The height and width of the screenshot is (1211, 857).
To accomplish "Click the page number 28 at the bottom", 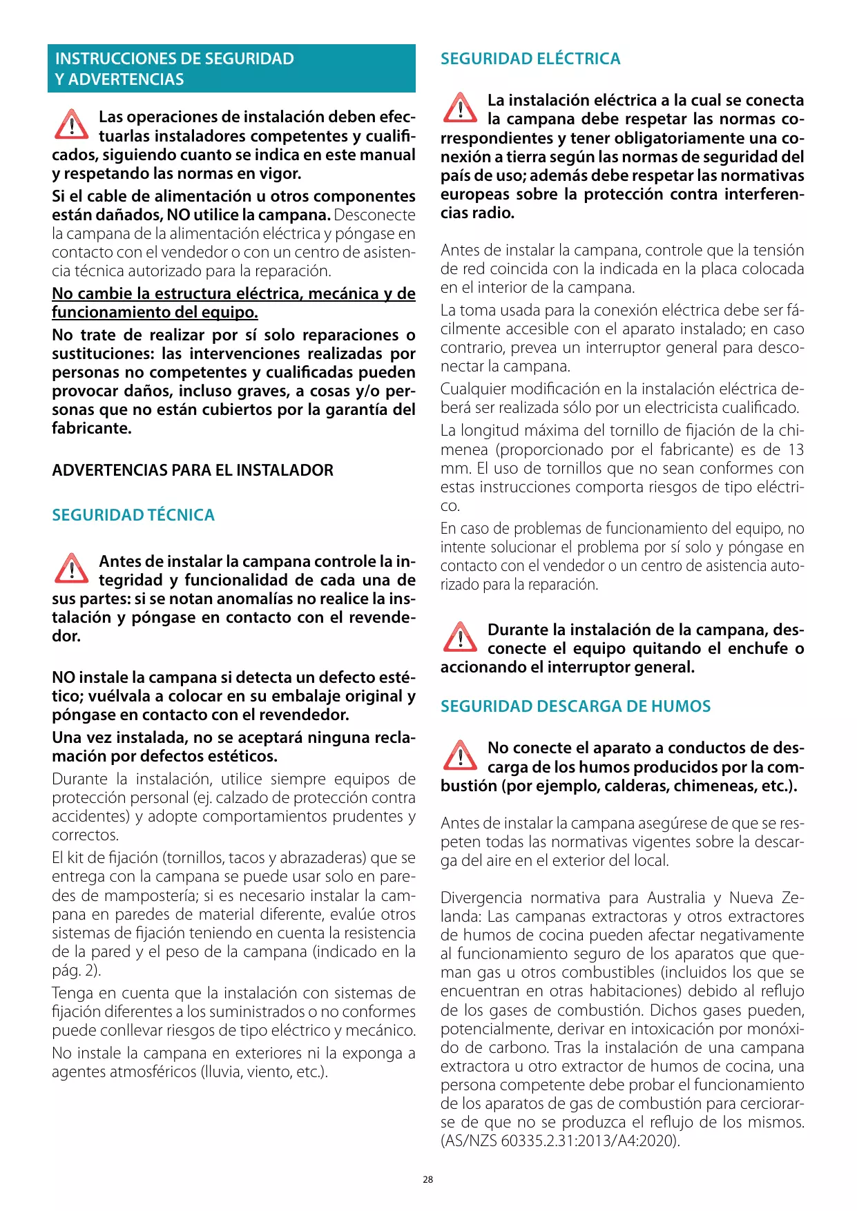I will [428, 1179].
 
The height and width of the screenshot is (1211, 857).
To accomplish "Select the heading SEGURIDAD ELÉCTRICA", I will [530, 59].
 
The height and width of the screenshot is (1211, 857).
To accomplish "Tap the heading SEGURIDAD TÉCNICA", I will [133, 515].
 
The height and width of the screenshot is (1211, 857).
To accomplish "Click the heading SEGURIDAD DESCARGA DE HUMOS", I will [575, 706].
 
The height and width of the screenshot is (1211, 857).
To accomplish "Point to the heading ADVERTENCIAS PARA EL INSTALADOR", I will [193, 470].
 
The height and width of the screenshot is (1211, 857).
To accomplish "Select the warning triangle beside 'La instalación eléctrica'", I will [459, 108].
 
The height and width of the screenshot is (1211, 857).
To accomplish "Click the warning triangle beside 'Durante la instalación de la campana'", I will [459, 637].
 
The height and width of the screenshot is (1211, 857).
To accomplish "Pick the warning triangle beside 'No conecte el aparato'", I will [459, 755].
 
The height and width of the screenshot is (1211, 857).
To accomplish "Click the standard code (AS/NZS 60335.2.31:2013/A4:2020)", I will [560, 1141].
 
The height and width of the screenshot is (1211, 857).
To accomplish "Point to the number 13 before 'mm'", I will [796, 449].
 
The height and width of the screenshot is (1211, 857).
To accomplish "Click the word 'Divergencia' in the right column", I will [481, 898].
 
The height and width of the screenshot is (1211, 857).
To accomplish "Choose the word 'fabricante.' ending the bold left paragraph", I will [92, 428].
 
